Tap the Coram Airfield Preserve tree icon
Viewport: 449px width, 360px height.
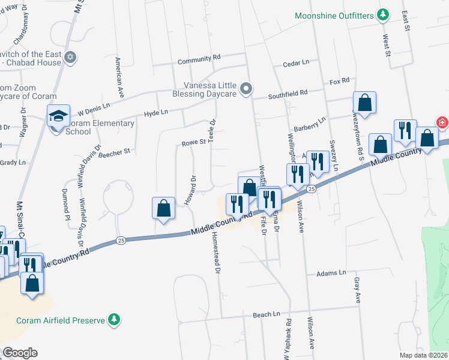click(113, 320)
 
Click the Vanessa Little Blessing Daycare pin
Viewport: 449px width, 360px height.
click(246, 89)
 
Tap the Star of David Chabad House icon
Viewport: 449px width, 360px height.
click(71, 58)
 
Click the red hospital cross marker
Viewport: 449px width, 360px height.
click(442, 122)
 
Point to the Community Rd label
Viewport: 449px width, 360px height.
click(199, 58)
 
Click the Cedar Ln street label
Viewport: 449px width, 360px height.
click(295, 62)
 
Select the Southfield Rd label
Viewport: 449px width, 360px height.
click(288, 93)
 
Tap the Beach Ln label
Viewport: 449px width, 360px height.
click(267, 314)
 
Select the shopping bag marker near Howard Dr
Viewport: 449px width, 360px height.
click(164, 208)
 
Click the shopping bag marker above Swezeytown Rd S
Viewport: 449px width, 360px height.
click(364, 103)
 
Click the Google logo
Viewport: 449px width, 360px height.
click(20, 353)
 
